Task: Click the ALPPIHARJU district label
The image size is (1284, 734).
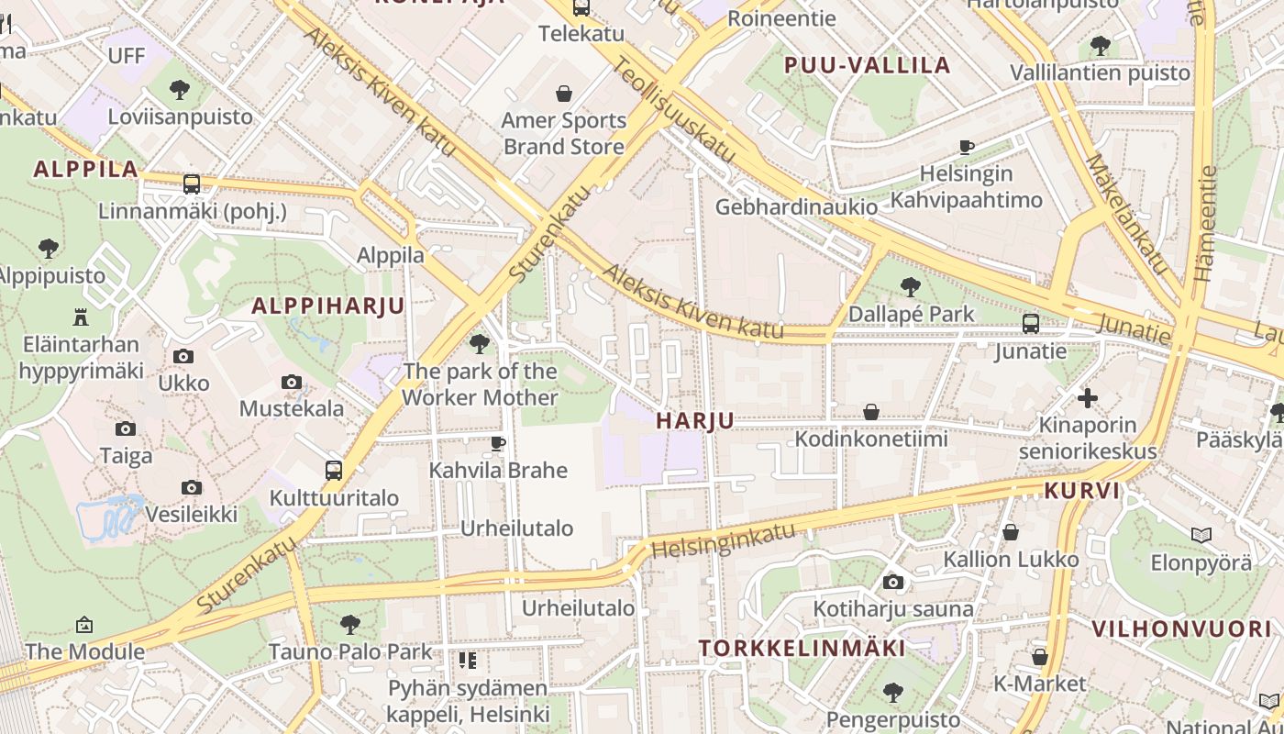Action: tap(327, 306)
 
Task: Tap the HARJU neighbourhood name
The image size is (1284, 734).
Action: tap(695, 421)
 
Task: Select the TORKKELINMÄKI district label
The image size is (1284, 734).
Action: tap(802, 649)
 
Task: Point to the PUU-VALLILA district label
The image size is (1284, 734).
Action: tap(867, 65)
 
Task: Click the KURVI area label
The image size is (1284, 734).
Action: tap(1082, 491)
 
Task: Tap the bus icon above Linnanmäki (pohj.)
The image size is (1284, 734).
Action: tap(192, 183)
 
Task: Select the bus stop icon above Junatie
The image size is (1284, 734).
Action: tap(1031, 323)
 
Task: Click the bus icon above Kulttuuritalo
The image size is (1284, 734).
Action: tap(334, 471)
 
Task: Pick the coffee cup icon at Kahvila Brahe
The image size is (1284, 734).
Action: tap(498, 443)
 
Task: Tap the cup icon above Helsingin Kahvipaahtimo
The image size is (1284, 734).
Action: tap(967, 146)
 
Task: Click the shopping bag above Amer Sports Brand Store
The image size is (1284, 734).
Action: tap(564, 93)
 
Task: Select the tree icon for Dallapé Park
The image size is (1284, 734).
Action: tap(910, 286)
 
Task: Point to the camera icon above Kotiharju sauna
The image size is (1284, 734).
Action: tap(893, 582)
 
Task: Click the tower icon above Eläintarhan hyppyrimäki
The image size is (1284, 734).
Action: tap(81, 317)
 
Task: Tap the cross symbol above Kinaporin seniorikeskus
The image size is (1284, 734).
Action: tap(1088, 398)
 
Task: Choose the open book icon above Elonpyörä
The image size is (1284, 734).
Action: tap(1201, 535)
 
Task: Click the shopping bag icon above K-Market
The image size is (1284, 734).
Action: tap(1039, 657)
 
